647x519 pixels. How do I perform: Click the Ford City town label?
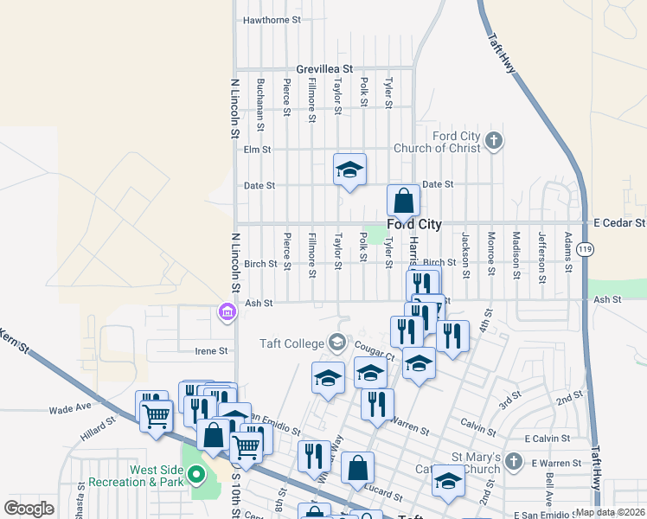tap(414, 225)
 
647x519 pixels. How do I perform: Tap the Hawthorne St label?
tap(272, 19)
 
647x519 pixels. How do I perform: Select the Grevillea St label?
tap(324, 68)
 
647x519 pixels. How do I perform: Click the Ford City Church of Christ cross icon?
tap(494, 140)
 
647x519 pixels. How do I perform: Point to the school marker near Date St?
tap(350, 170)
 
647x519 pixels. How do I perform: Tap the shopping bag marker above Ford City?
tap(403, 202)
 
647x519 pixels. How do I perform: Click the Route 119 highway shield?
tap(586, 249)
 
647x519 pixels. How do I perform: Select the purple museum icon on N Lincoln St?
tap(227, 311)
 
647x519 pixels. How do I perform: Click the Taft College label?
tap(291, 343)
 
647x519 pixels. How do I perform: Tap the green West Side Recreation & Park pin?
tap(196, 473)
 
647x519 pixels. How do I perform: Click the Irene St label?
tap(211, 351)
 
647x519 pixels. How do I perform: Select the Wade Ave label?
tap(70, 409)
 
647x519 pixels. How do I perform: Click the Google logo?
tap(29, 508)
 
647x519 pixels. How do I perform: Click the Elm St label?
tap(258, 149)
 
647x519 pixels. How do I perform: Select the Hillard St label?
tap(98, 425)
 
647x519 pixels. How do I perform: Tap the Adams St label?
tap(568, 252)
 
